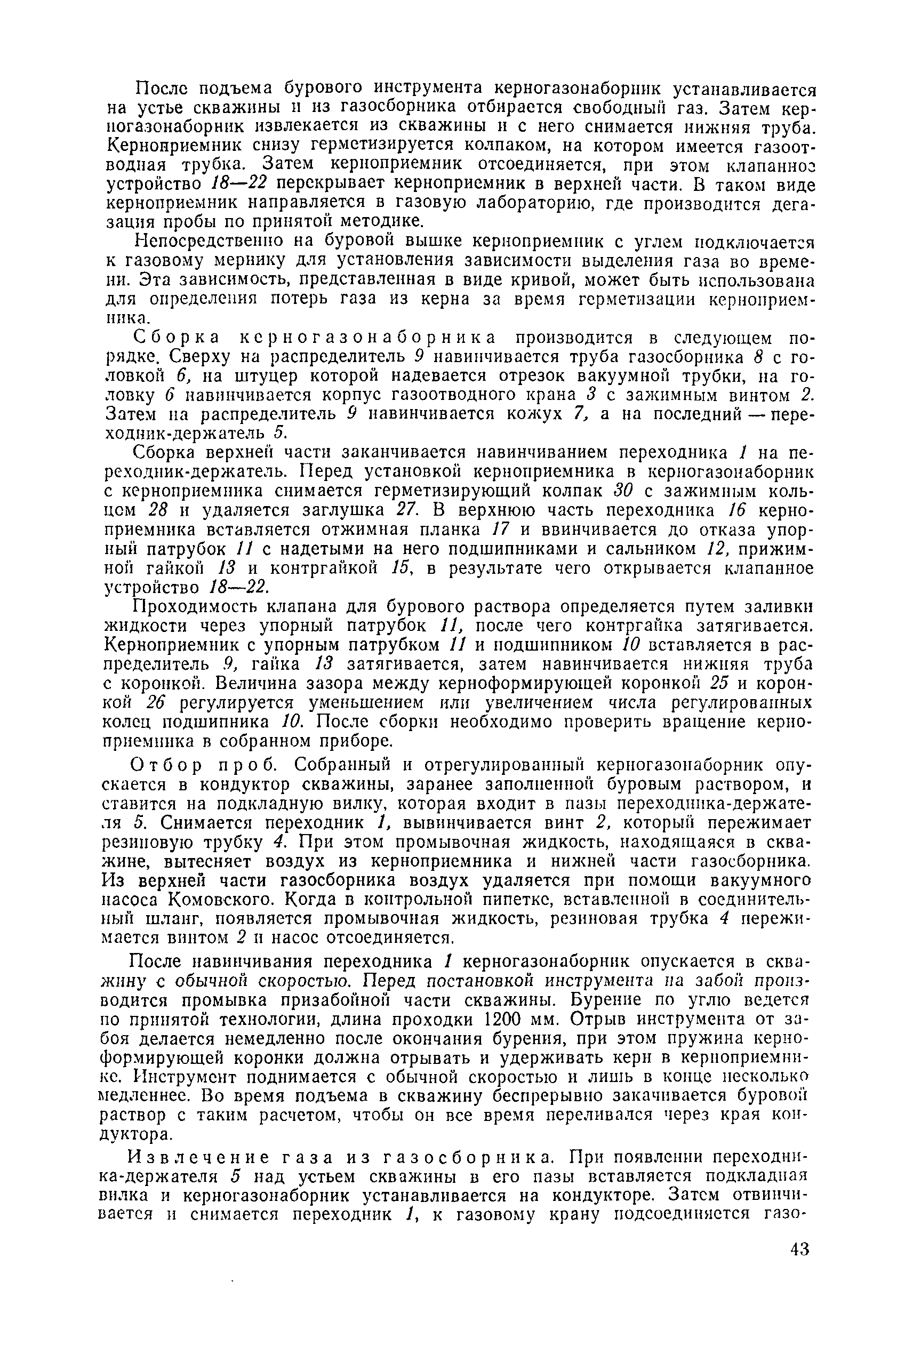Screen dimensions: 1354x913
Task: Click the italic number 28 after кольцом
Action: click(158, 510)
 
